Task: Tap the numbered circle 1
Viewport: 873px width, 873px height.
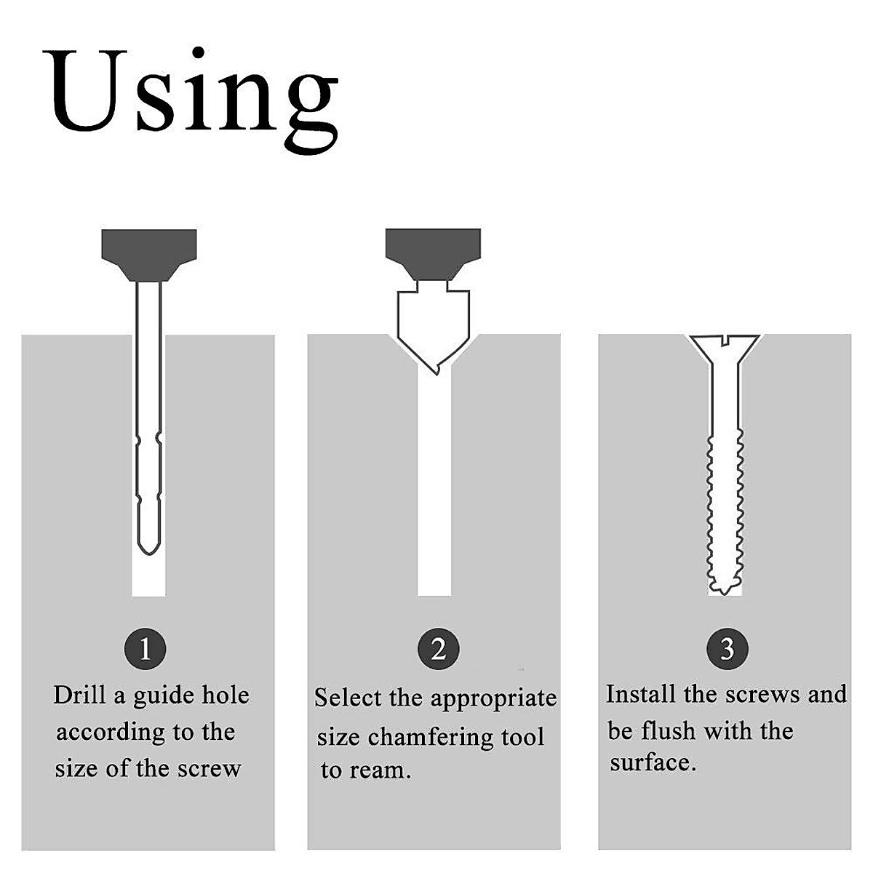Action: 145,649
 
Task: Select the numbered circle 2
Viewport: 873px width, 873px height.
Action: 438,649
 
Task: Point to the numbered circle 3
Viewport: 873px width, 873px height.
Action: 727,649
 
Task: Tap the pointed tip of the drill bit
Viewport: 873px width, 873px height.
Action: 148,554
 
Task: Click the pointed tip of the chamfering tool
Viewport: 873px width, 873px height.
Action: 437,374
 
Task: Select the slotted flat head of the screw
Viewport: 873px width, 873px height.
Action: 724,347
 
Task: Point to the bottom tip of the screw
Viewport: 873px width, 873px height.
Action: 723,594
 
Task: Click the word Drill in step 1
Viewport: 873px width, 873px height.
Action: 79,695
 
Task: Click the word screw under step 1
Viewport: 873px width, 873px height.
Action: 209,769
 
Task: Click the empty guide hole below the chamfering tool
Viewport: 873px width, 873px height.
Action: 434,485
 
